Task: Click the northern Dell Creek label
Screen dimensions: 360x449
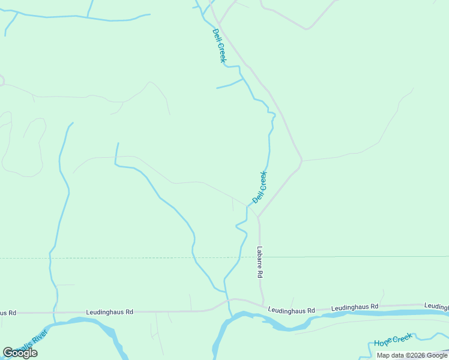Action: coord(219,46)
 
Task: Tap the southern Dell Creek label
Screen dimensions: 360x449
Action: coord(259,187)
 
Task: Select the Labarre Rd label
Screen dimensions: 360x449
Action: coord(260,262)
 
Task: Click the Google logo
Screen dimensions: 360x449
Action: coord(20,353)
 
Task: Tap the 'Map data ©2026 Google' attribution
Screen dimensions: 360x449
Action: coord(412,355)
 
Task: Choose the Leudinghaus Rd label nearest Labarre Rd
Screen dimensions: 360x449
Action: coord(291,310)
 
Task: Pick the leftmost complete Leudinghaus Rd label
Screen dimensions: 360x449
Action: coord(109,312)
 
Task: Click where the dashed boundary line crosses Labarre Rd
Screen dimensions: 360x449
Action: coord(259,257)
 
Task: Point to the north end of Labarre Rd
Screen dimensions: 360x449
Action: coord(259,217)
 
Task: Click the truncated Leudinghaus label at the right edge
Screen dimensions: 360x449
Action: coord(436,306)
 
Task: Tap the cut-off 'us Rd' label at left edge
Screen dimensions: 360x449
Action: coord(8,313)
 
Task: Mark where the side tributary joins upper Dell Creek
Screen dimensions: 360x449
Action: coord(243,79)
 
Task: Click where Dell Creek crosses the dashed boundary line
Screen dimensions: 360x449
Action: coord(240,257)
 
